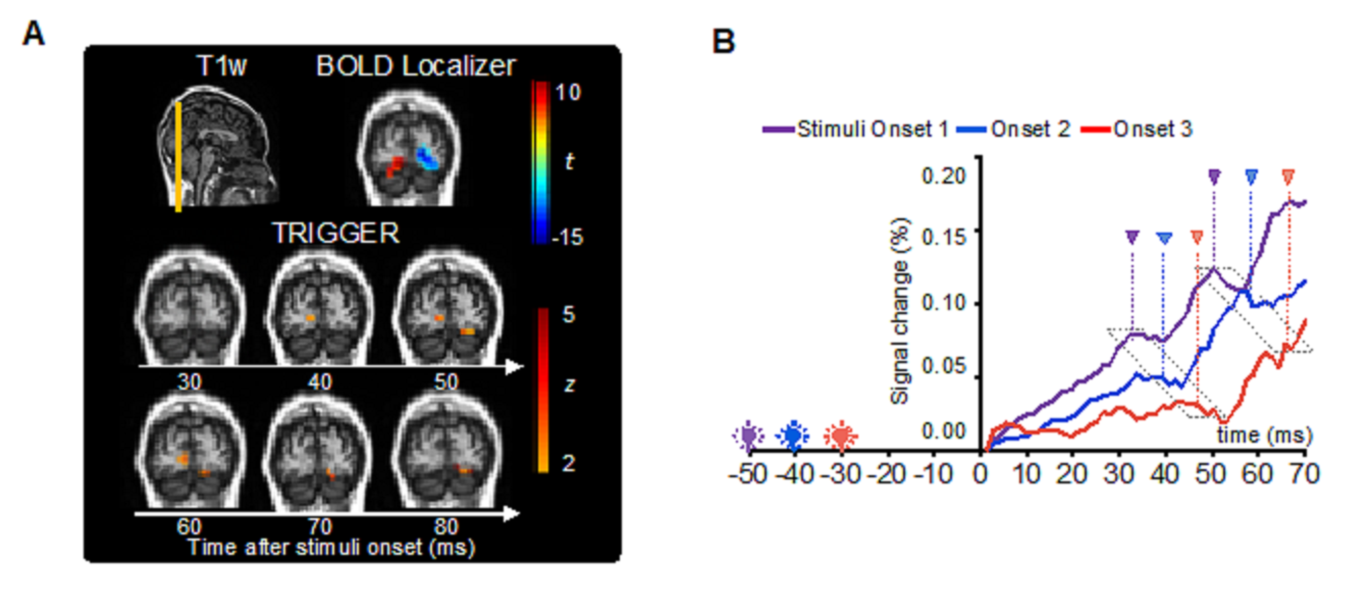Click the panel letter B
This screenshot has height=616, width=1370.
click(723, 41)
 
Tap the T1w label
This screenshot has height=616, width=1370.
click(221, 66)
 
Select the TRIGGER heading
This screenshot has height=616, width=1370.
click(335, 233)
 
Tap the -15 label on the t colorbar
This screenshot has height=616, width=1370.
click(567, 237)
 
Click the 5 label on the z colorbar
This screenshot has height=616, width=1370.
click(568, 315)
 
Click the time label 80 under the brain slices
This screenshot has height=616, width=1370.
click(445, 527)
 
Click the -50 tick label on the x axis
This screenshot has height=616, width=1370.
click(748, 473)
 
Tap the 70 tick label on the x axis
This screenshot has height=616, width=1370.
click(1305, 473)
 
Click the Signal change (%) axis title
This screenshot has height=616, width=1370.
click(900, 311)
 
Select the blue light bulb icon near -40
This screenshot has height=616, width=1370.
click(793, 435)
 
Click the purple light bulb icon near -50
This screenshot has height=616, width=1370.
click(748, 435)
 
